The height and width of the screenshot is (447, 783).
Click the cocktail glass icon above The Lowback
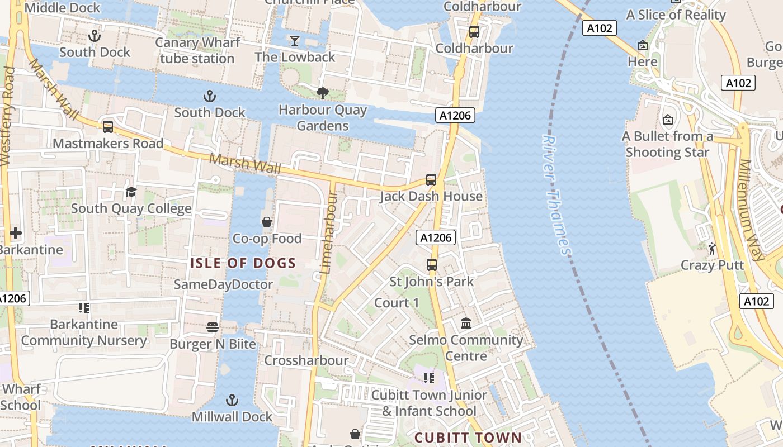pyautogui.click(x=295, y=40)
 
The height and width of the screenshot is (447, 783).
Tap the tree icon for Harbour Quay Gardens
pyautogui.click(x=322, y=93)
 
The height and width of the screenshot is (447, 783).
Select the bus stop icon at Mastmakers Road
pyautogui.click(x=108, y=127)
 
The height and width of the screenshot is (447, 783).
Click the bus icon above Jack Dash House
pyautogui.click(x=431, y=180)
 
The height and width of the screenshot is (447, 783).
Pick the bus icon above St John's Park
pyautogui.click(x=432, y=265)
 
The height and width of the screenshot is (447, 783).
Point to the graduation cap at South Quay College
pyautogui.click(x=131, y=192)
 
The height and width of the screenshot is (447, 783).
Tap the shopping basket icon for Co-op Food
pyautogui.click(x=267, y=222)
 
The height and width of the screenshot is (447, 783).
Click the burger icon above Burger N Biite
pyautogui.click(x=213, y=327)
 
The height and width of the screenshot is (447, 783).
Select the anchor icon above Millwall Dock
pyautogui.click(x=232, y=400)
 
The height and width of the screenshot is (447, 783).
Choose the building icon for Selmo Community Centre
pyautogui.click(x=466, y=323)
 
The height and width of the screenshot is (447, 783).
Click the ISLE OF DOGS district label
pyautogui.click(x=243, y=263)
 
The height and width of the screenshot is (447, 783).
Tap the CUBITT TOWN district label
pyautogui.click(x=468, y=438)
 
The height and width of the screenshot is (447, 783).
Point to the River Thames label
pyautogui.click(x=556, y=196)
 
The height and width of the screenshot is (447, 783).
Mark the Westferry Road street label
pyautogui.click(x=7, y=117)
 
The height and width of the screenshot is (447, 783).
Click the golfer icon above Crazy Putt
pyautogui.click(x=712, y=249)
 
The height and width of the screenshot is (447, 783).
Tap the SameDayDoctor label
pyautogui.click(x=223, y=284)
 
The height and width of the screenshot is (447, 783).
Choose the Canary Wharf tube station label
pyautogui.click(x=197, y=50)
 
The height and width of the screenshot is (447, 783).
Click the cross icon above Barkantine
pyautogui.click(x=16, y=233)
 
